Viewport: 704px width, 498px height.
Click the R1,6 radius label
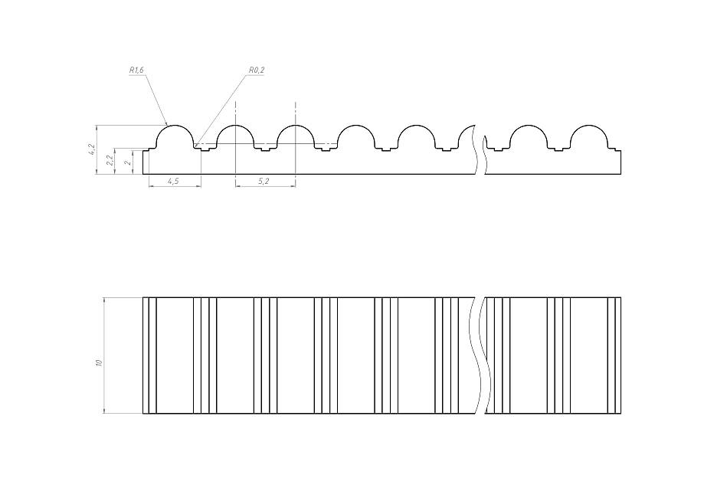pyautogui.click(x=137, y=70)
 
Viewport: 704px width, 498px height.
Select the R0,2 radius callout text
pyautogui.click(x=257, y=70)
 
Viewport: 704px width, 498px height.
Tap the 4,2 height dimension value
pyautogui.click(x=92, y=149)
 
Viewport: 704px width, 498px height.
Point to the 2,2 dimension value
pyautogui.click(x=110, y=160)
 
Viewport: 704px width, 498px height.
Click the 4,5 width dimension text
pyautogui.click(x=173, y=182)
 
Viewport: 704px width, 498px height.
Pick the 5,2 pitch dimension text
pyautogui.click(x=264, y=182)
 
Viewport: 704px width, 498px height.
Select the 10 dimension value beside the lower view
pyautogui.click(x=99, y=362)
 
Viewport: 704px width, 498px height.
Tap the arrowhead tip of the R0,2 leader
pyautogui.click(x=196, y=145)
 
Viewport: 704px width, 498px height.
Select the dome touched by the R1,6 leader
pyautogui.click(x=175, y=136)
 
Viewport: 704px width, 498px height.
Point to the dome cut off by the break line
pyautogui.click(x=467, y=138)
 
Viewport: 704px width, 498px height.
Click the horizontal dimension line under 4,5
pyautogui.click(x=173, y=186)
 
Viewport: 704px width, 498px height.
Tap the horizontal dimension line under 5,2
pyautogui.click(x=265, y=186)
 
